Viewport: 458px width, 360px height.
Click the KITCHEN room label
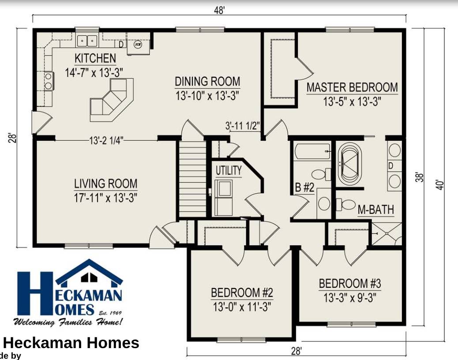(95, 58)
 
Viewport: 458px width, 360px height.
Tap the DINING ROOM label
(207, 82)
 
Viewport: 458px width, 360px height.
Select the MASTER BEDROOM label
(352, 87)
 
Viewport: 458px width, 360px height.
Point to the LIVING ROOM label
(105, 184)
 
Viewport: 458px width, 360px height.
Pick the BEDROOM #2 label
(242, 292)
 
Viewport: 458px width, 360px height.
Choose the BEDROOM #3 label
(349, 283)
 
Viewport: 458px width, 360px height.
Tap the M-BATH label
(375, 210)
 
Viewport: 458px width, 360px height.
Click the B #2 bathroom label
(304, 187)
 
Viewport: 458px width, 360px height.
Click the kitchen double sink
(87, 41)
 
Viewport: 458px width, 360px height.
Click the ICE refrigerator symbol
(138, 45)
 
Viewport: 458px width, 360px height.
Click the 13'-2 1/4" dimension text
(106, 140)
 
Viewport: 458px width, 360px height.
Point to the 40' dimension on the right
(439, 184)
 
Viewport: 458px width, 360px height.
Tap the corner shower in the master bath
(387, 234)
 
